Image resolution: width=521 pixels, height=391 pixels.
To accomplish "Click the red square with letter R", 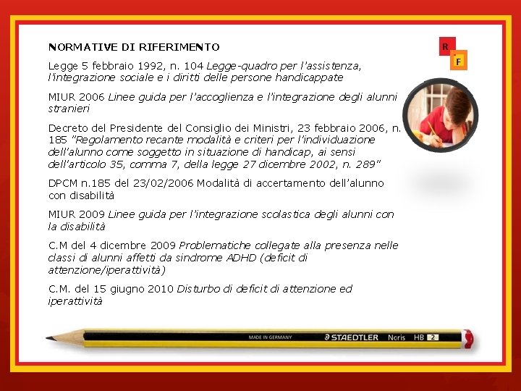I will pos(446,47).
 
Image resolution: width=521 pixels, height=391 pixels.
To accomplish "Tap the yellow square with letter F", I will pos(457,62).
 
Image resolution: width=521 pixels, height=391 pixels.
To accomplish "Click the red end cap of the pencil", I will pos(468,338).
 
